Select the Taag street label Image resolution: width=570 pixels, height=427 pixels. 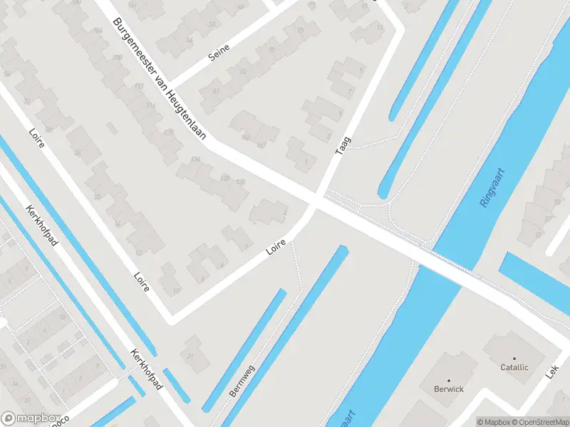pos(343,146)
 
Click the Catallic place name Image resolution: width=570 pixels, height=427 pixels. pos(514,368)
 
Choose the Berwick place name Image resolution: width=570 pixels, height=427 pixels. pos(449,389)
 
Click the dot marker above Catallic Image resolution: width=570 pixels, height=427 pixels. pos(514,358)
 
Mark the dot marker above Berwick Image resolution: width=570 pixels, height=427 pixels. pos(449,379)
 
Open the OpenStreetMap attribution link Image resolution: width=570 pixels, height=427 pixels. pos(540,422)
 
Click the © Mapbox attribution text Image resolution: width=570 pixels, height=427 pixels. pos(494,422)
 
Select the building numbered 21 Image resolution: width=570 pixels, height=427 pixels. pos(190,357)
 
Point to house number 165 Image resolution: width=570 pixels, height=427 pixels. pos(247,137)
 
